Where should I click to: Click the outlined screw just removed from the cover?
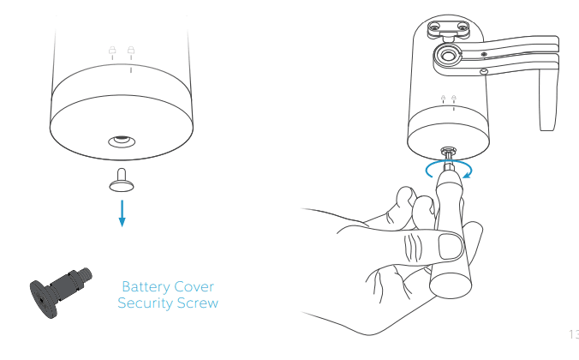click(x=122, y=181)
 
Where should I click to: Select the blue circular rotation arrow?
click(x=448, y=168)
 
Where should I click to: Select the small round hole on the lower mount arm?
click(x=484, y=72)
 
